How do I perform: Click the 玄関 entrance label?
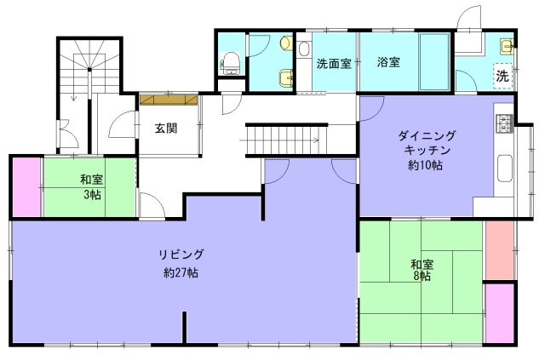pos(166,129)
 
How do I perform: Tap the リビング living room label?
pos(181,254)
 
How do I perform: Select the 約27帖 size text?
pos(181,272)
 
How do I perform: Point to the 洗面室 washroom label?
pos(334,64)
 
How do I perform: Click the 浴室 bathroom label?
pos(388,62)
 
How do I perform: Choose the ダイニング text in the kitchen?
pos(427,135)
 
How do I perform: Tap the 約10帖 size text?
pos(426,165)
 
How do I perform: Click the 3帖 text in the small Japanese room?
pos(92,195)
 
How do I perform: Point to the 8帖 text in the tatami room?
pos(422,277)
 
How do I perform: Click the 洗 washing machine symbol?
pos(502,76)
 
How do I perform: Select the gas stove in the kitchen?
pos(505,123)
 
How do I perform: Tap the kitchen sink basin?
pos(505,169)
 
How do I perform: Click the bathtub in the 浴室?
pos(434,62)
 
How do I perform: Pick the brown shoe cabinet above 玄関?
pos(169,100)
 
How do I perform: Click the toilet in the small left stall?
pos(231,63)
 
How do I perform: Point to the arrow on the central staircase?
pos(279,140)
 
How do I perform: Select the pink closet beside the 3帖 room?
pos(26,187)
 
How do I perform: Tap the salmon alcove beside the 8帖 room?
pos(500,250)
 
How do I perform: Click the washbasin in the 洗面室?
pos(304,49)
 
